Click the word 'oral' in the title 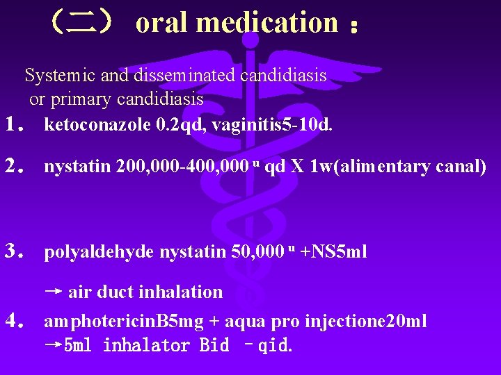[x=162, y=22]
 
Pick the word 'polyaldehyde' [x=100, y=251]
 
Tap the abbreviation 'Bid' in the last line [x=214, y=345]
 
